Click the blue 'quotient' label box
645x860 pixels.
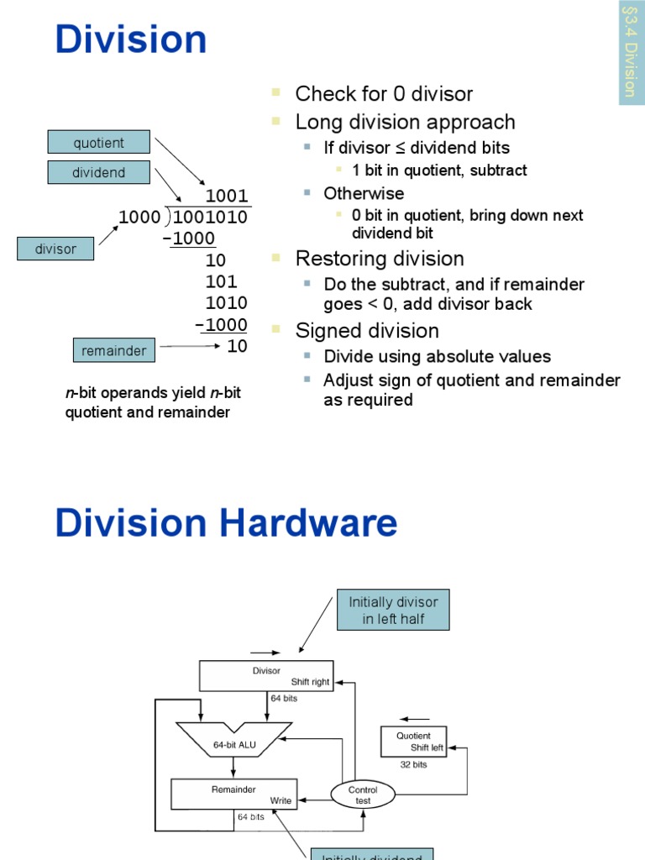(99, 143)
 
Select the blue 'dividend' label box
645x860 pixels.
(99, 172)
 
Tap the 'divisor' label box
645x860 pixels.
(55, 249)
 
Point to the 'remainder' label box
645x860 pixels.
(113, 351)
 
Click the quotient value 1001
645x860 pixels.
(227, 197)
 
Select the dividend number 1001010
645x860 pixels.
(211, 218)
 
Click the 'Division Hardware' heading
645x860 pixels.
(226, 523)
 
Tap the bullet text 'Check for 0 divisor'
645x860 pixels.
(384, 94)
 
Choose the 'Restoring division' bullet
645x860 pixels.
(380, 258)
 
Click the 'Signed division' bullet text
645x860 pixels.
(366, 330)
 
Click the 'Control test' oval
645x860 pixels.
(363, 794)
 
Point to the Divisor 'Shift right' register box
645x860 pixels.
(266, 676)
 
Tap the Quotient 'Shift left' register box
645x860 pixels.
(413, 742)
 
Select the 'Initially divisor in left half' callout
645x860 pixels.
(393, 611)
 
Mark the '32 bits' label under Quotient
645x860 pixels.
(412, 764)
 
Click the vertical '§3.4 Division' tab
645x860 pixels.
(631, 52)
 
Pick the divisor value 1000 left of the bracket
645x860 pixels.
(139, 218)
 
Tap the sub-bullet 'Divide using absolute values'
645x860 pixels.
(437, 356)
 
